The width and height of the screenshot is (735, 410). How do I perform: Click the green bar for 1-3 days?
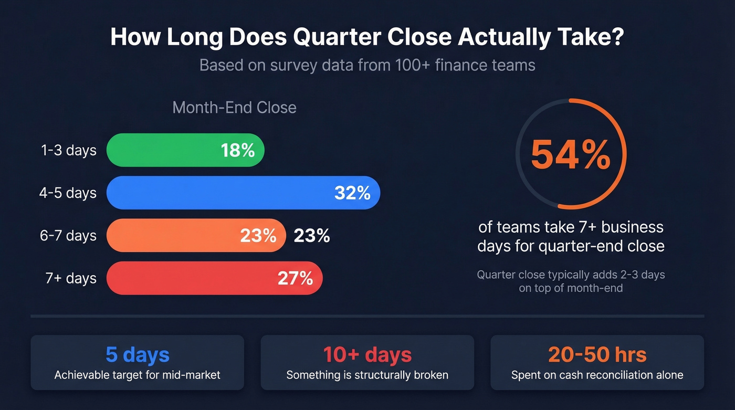(163, 150)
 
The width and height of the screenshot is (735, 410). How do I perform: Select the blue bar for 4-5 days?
(220, 193)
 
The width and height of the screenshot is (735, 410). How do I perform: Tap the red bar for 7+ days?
(189, 278)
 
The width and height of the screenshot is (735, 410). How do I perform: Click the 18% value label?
(237, 150)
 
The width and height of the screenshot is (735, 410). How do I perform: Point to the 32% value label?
(352, 193)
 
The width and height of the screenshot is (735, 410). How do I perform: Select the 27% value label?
(295, 278)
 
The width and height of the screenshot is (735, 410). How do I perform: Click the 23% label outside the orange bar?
(312, 236)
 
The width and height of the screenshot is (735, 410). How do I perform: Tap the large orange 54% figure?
(571, 154)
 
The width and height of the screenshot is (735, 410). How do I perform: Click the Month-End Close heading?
(234, 108)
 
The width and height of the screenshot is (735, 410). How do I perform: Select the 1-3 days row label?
(68, 151)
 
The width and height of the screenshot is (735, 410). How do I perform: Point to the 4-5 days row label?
(68, 193)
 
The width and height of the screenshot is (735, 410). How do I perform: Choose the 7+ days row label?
(71, 278)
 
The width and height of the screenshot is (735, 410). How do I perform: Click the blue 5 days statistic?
(138, 355)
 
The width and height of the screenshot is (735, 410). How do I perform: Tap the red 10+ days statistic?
(367, 355)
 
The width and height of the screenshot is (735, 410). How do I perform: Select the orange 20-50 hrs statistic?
(597, 355)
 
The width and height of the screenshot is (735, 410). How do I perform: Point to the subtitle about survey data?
(367, 66)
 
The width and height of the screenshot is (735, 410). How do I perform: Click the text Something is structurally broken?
(367, 375)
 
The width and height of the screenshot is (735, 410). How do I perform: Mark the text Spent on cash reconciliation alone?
(597, 375)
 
